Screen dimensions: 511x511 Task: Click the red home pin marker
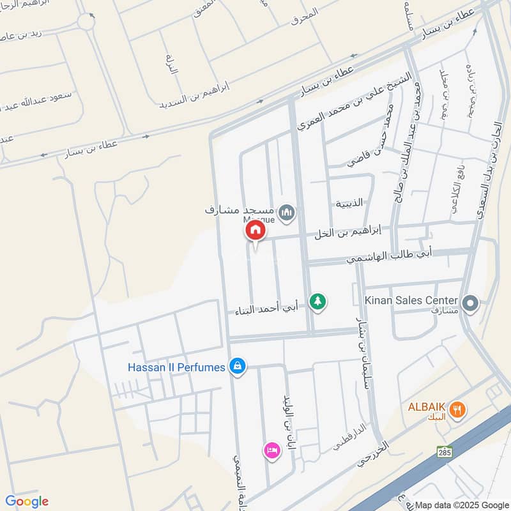[x=255, y=230]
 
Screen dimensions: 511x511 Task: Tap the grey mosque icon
[x=287, y=212]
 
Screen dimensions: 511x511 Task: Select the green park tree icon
[x=317, y=301]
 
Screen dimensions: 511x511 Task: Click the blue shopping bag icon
[x=238, y=366]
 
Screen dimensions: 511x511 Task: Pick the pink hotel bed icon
[x=271, y=450]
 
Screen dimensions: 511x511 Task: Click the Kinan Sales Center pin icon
[x=471, y=303]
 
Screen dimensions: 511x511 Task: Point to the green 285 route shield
[x=445, y=451]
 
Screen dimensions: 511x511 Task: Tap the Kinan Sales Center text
[x=411, y=300]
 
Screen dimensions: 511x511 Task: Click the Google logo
[x=27, y=501]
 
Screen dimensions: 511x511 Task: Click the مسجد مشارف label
[x=240, y=209]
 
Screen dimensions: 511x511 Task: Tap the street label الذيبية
[x=349, y=203]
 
